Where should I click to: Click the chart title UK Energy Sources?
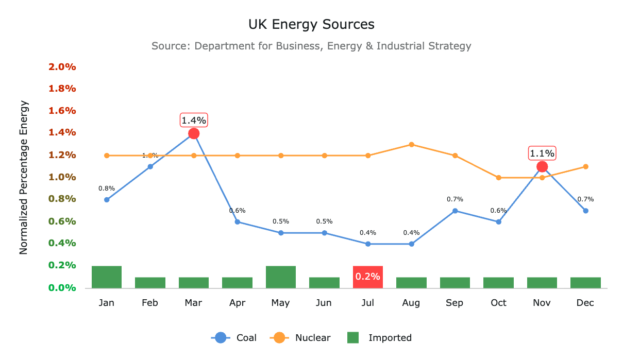311,24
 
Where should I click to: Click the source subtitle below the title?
311,46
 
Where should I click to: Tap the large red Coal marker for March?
194,133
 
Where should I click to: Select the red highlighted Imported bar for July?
367,277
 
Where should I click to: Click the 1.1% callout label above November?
542,153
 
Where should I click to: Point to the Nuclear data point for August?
411,144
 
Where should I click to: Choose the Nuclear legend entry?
301,338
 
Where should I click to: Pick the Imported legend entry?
379,338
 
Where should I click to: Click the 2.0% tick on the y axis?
62,67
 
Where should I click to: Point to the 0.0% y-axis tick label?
62,288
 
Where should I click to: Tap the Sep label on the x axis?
454,303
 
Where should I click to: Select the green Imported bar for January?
107,277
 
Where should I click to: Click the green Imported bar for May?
281,277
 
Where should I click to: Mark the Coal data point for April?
238,222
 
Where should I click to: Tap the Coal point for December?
585,211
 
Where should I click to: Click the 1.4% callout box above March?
194,121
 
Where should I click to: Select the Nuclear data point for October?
498,178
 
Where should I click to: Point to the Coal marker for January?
107,200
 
